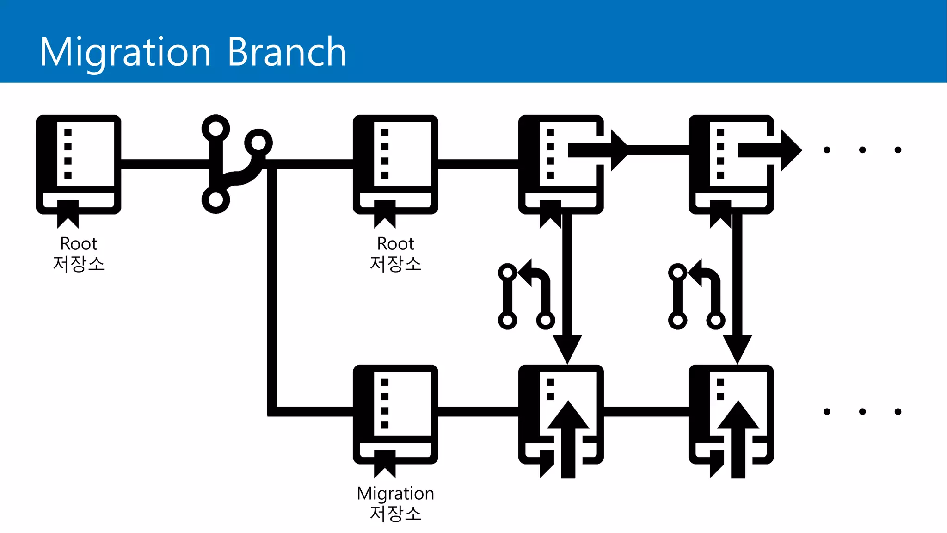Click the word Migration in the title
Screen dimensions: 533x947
pyautogui.click(x=125, y=52)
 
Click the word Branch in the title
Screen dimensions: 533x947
pyautogui.click(x=287, y=52)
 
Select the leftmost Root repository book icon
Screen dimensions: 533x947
pyautogui.click(x=79, y=164)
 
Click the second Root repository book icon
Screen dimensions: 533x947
pyautogui.click(x=395, y=164)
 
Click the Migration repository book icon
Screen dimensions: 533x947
pyautogui.click(x=395, y=414)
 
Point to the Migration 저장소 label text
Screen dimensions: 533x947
pyautogui.click(x=395, y=503)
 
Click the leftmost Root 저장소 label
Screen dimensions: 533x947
pyautogui.click(x=79, y=254)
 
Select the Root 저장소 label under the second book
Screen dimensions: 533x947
pyautogui.click(x=395, y=254)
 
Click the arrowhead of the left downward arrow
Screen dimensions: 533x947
pyautogui.click(x=567, y=349)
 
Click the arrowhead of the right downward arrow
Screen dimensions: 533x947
pyautogui.click(x=738, y=349)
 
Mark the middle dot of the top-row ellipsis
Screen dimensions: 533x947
pyautogui.click(x=862, y=149)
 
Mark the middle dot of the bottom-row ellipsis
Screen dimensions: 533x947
pyautogui.click(x=862, y=411)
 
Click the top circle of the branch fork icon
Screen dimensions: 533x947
pyautogui.click(x=215, y=128)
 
